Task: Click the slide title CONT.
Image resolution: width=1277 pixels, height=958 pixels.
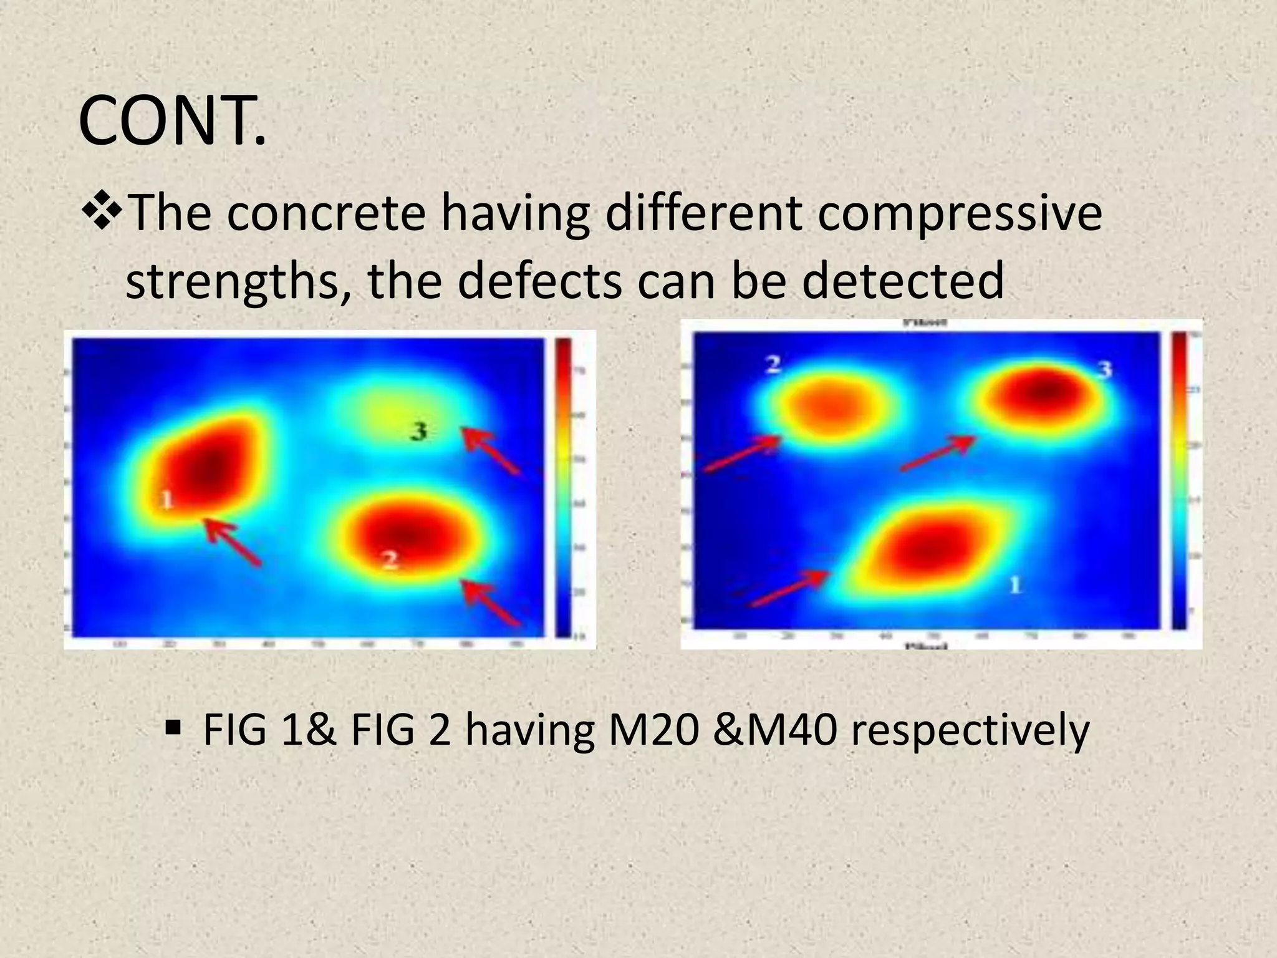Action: [173, 122]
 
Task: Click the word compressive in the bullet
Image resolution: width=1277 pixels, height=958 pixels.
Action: [960, 213]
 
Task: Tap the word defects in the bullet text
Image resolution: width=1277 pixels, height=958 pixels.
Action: [540, 281]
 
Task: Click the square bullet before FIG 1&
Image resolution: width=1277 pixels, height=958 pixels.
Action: [173, 727]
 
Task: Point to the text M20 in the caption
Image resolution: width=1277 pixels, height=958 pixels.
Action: [652, 730]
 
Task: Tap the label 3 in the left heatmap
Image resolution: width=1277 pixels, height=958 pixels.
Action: [419, 431]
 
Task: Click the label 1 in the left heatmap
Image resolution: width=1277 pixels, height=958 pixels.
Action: [166, 499]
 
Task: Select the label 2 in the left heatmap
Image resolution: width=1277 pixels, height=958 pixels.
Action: [390, 560]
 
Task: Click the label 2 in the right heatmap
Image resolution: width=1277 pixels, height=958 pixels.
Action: [773, 364]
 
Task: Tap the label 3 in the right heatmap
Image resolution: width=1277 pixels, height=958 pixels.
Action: [1104, 370]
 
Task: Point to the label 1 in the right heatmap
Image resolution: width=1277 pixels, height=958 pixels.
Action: [1014, 584]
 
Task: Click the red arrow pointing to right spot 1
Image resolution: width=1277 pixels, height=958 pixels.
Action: [791, 588]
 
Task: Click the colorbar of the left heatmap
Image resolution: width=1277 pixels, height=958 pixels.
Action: [563, 486]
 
